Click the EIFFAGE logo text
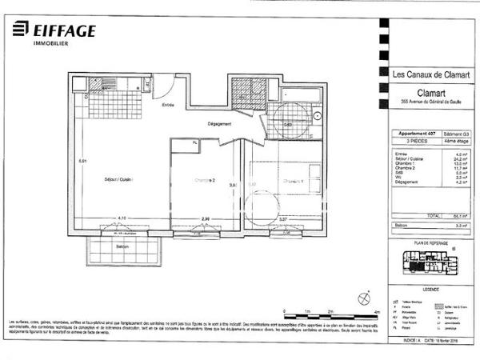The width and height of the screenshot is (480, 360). (x=64, y=31)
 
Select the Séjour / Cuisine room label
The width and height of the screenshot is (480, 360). (x=115, y=179)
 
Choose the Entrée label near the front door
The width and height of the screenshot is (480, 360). (x=169, y=106)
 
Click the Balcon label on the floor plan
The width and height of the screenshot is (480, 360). (x=122, y=246)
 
